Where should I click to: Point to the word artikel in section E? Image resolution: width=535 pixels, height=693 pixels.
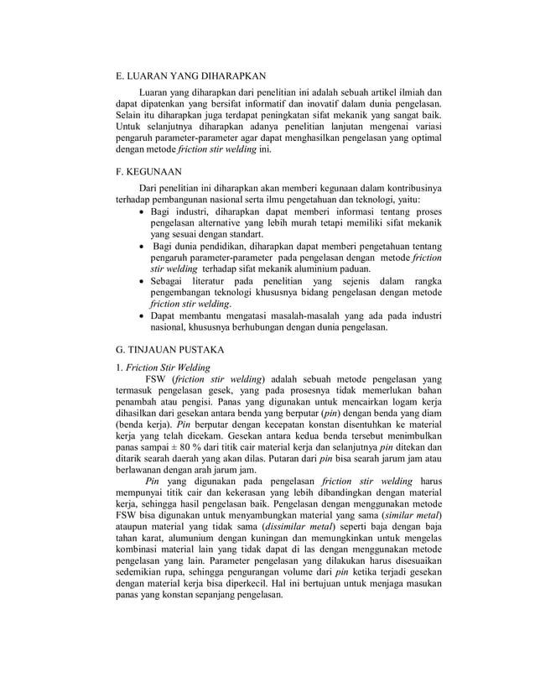[x=370, y=91]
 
